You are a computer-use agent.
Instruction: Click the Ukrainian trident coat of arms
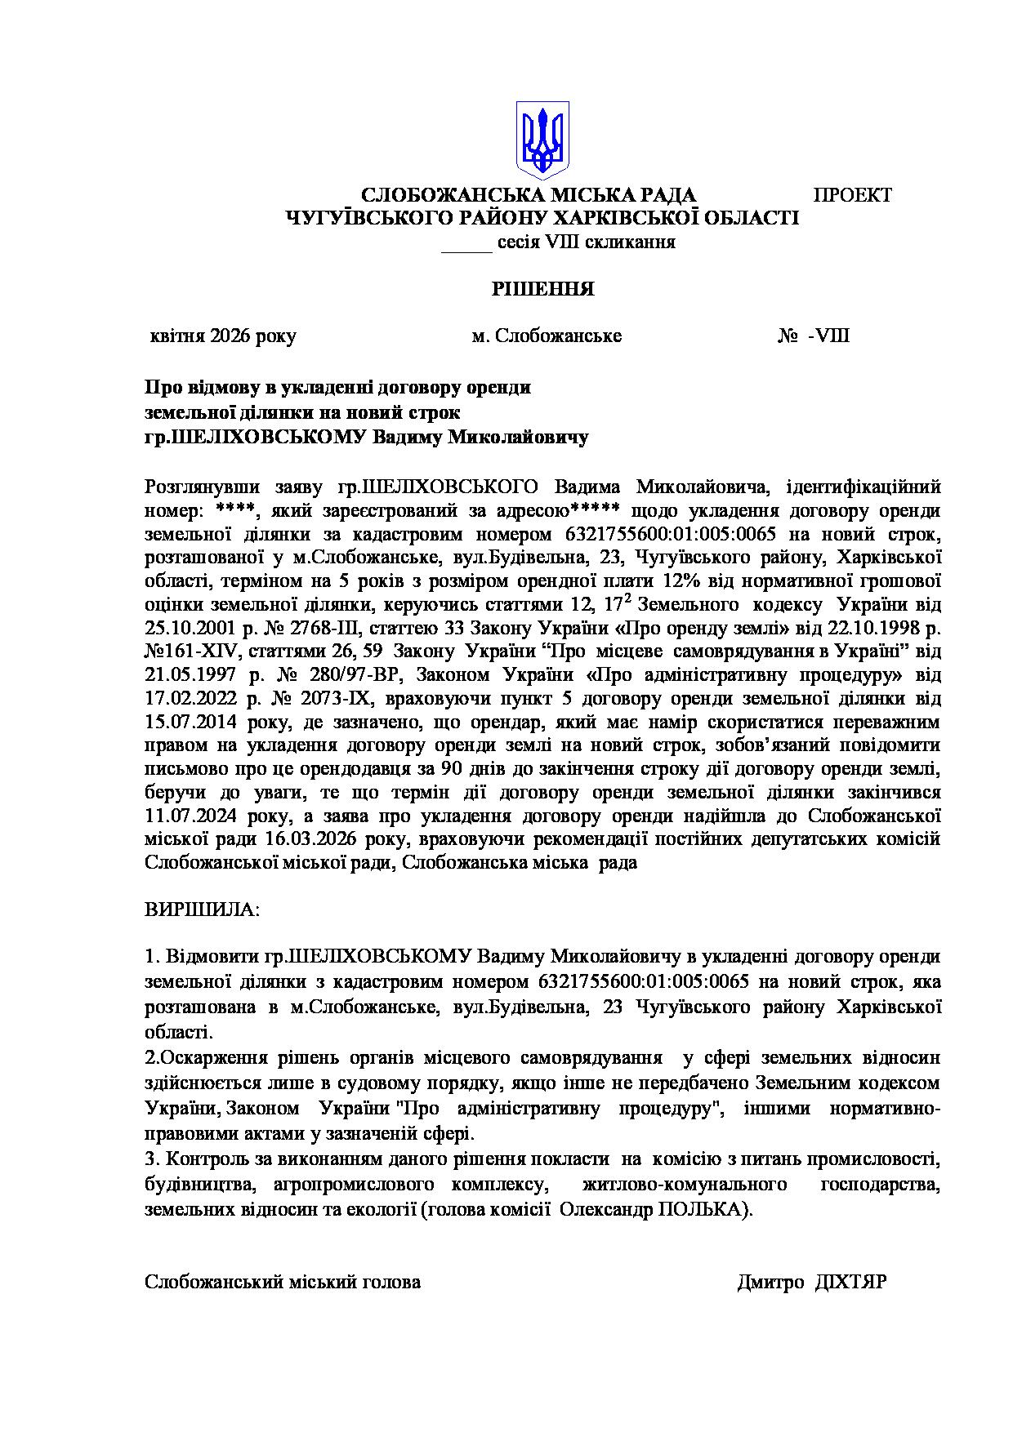(542, 140)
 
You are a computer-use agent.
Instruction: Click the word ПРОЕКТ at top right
(852, 195)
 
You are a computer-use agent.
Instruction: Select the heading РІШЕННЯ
(542, 290)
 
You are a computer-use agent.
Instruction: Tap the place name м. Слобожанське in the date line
(547, 336)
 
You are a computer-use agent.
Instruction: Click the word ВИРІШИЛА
(202, 909)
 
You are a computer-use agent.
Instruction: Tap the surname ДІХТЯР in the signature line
(851, 1282)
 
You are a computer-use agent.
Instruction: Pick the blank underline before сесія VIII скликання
(466, 242)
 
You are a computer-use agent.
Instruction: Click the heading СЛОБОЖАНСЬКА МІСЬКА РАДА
(529, 195)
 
